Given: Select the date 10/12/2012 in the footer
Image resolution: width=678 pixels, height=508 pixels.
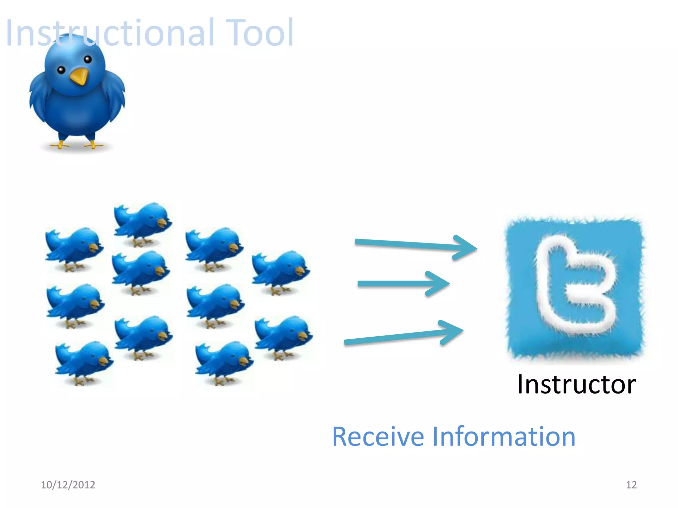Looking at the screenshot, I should [68, 485].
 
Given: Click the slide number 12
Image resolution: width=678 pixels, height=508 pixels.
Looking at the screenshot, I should [631, 485].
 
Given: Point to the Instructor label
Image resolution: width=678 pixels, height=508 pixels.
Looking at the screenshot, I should [576, 384].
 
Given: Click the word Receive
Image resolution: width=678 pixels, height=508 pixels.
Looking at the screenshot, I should [378, 437].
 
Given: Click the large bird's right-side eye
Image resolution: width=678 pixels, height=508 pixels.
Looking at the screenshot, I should [88, 60].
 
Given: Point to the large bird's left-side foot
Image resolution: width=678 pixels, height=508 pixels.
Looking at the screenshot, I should [60, 145].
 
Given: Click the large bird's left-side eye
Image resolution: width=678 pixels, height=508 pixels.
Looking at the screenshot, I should [61, 70].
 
